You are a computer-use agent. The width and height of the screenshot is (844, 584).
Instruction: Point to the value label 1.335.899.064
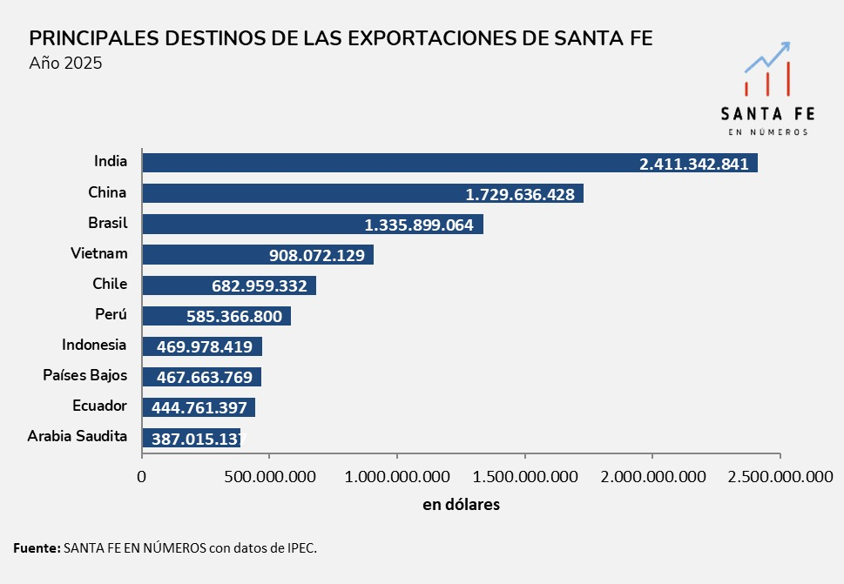point(419,225)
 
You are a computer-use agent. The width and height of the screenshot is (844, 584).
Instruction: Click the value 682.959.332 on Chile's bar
point(259,285)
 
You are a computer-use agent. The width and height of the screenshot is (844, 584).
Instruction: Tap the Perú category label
point(111,314)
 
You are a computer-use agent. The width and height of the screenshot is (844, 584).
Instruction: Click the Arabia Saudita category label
point(78,436)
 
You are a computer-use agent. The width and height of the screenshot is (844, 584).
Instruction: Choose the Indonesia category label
point(94,345)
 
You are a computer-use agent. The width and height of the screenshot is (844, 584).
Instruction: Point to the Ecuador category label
point(99,406)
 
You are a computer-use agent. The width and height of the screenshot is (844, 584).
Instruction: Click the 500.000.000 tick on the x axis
point(269,476)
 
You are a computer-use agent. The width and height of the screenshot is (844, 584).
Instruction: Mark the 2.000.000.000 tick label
point(652,476)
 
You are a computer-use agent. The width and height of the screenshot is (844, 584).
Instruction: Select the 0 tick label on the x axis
point(142,476)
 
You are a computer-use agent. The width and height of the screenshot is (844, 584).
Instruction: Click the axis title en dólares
point(461,505)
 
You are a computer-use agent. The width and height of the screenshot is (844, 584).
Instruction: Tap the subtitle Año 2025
point(65,63)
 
